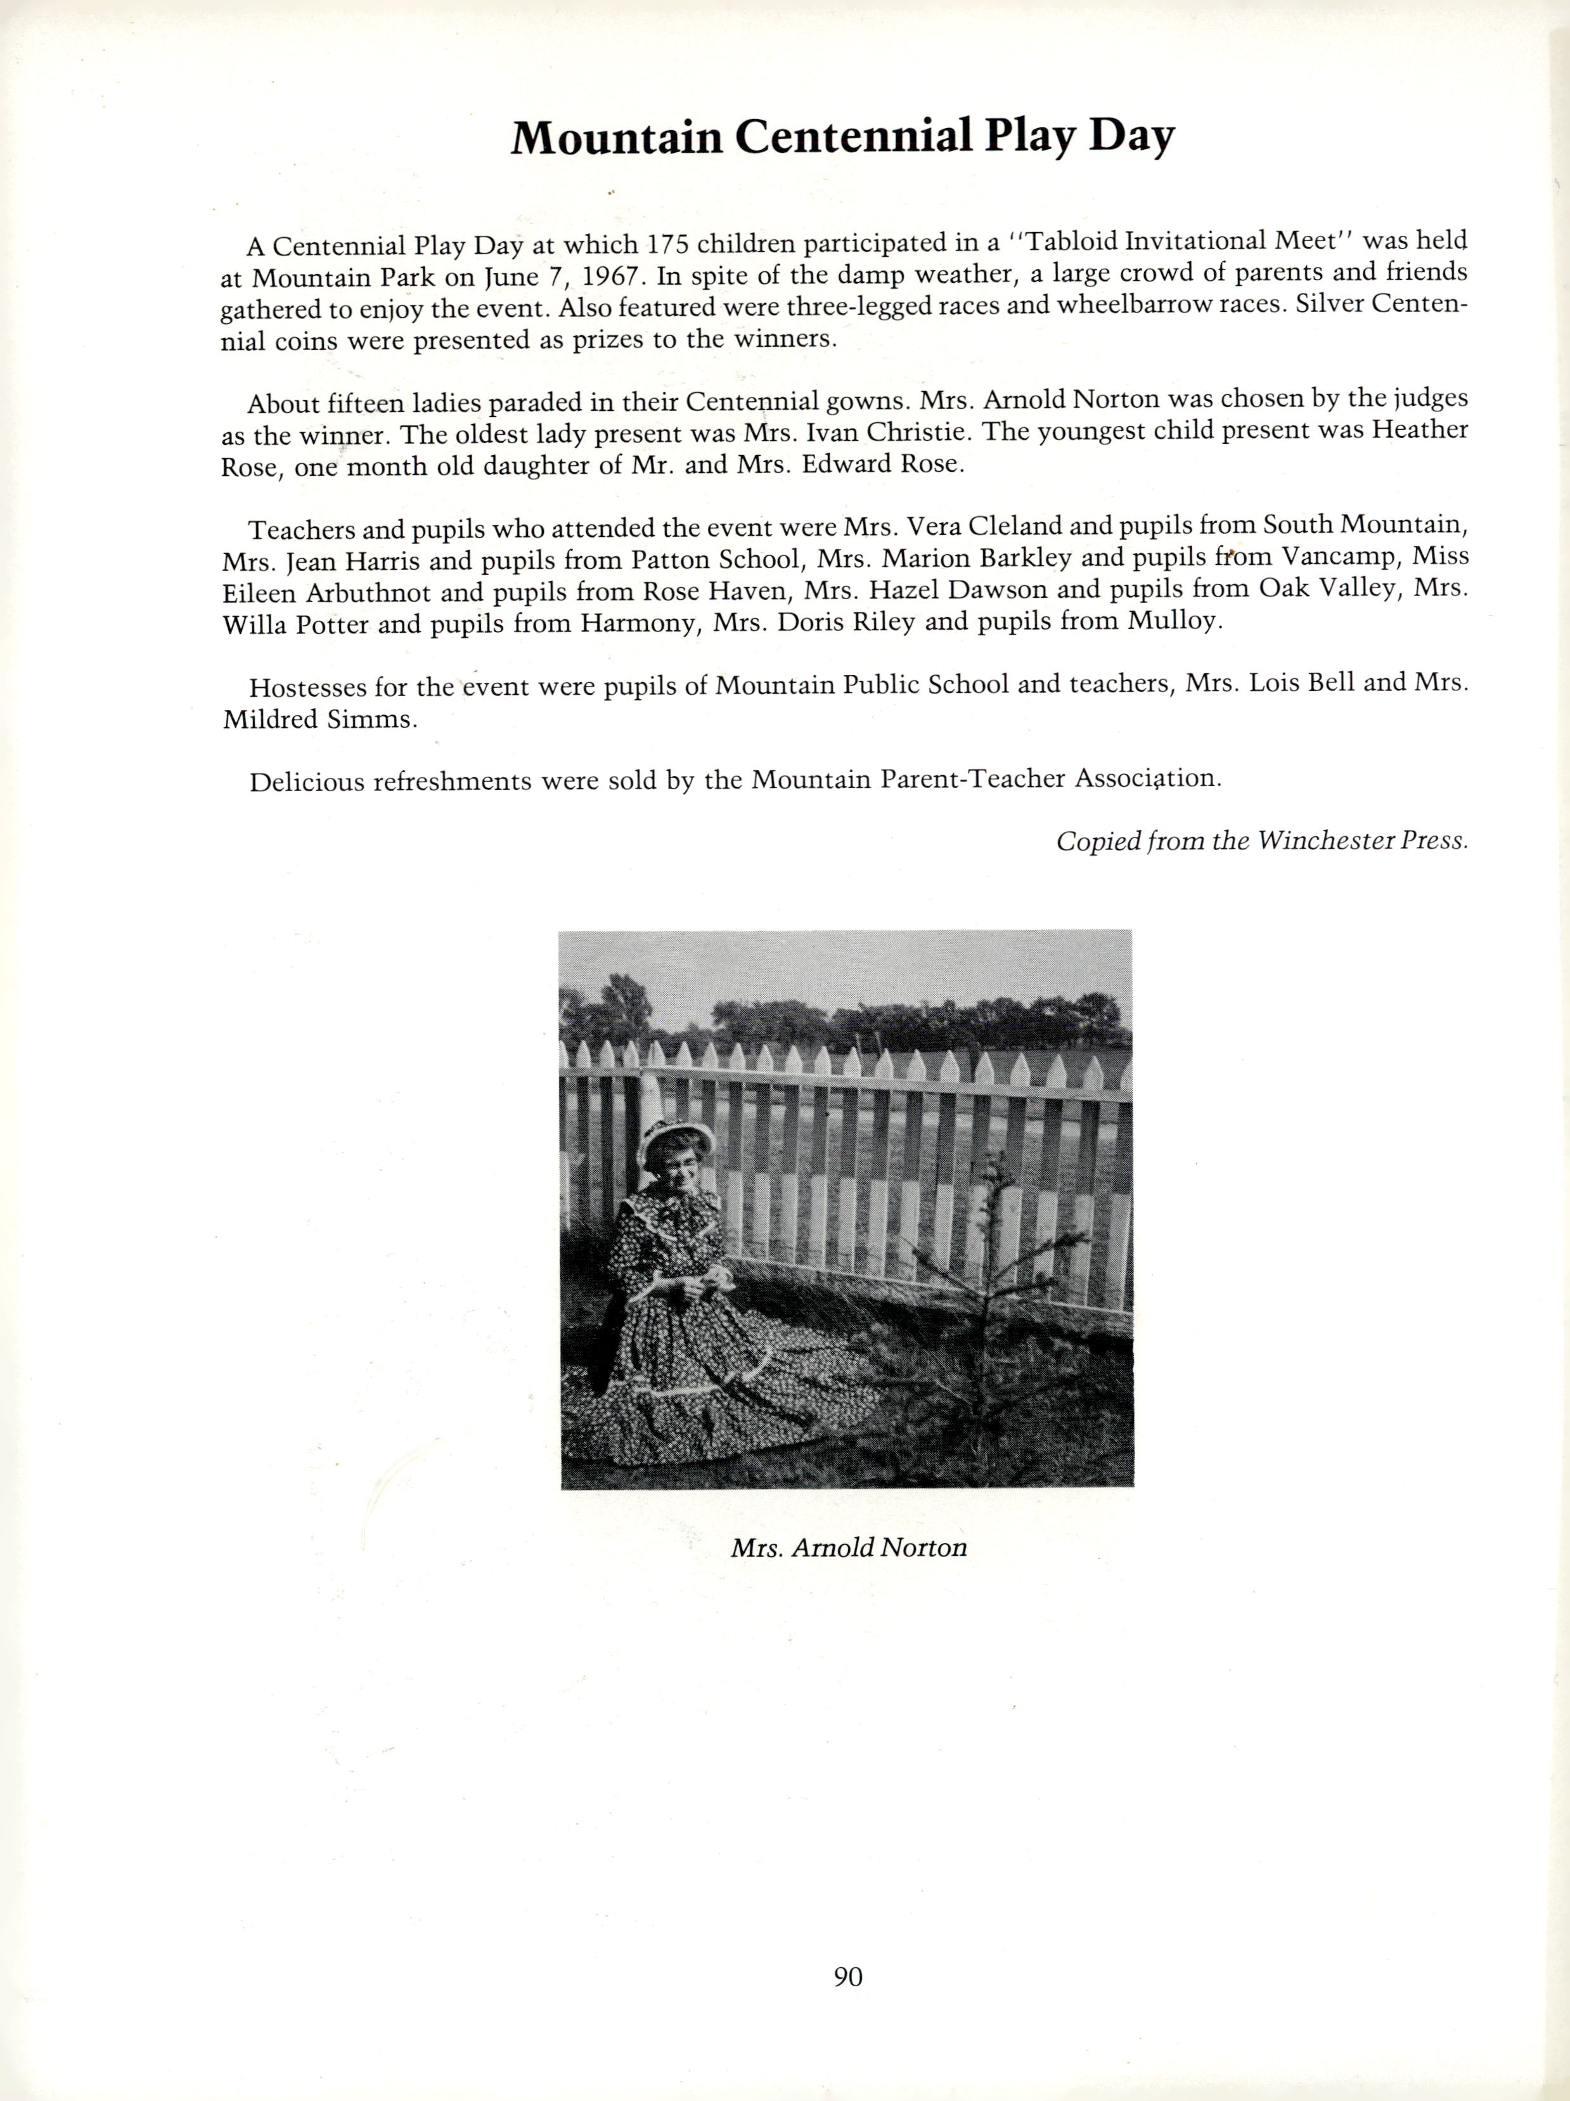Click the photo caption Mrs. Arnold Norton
(x=848, y=1548)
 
